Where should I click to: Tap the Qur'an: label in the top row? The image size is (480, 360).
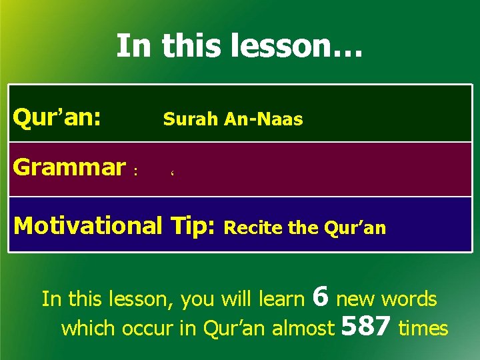coord(57,118)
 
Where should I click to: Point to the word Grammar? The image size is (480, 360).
coord(69,167)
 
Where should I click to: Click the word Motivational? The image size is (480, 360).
coord(87,226)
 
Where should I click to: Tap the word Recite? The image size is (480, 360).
coord(254,228)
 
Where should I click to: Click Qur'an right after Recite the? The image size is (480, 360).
coord(355,228)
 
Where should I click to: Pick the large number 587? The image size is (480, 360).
coord(366,326)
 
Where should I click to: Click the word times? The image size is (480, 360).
coord(423,328)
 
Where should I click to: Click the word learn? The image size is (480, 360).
coord(281,299)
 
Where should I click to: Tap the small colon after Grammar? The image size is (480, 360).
coord(135,171)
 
